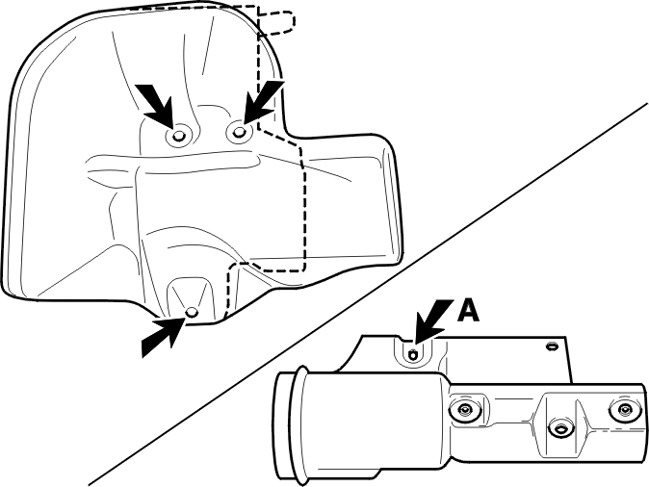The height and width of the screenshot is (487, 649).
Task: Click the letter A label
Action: pyautogui.click(x=468, y=311)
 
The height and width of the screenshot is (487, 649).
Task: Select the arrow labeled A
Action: pyautogui.click(x=433, y=321)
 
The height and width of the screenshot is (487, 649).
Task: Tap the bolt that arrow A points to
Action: pyautogui.click(x=413, y=354)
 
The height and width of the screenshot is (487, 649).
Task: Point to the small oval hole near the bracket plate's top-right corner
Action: pyautogui.click(x=551, y=346)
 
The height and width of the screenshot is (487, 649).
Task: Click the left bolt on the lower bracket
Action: pyautogui.click(x=465, y=410)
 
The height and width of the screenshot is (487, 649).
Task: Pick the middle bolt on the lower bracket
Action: pyautogui.click(x=560, y=429)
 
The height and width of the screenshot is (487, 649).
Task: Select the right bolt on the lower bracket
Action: pyautogui.click(x=623, y=410)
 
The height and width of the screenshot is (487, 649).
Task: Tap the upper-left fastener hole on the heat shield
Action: pyautogui.click(x=178, y=136)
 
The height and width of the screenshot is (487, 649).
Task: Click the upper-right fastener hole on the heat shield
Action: pyautogui.click(x=239, y=132)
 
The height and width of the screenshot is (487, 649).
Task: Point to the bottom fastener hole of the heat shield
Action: pyautogui.click(x=192, y=312)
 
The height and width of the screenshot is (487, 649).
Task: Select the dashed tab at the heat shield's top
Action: pyautogui.click(x=275, y=20)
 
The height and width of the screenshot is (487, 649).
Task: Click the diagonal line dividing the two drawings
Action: pyautogui.click(x=368, y=294)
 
